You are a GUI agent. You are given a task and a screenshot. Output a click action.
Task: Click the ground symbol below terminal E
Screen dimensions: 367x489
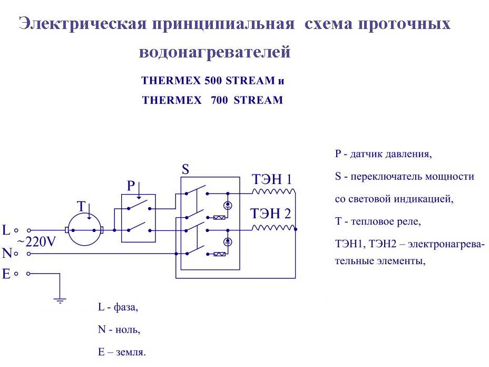point(60,301)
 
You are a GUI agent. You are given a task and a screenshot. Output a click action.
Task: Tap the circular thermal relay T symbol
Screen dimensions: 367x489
point(84,230)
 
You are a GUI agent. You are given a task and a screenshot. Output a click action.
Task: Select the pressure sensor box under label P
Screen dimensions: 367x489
point(138,218)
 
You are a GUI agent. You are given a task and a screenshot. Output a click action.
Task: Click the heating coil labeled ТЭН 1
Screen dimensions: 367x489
point(273,191)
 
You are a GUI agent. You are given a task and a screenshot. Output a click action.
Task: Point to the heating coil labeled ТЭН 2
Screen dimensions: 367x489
point(273,228)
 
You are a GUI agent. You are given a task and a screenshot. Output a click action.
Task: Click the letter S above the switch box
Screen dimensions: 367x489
point(185,169)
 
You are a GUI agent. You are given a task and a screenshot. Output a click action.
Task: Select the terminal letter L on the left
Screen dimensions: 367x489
point(6,230)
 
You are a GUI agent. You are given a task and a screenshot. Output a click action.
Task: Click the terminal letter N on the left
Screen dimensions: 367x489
point(6,254)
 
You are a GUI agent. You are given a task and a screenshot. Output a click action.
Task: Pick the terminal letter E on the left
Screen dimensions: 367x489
point(6,274)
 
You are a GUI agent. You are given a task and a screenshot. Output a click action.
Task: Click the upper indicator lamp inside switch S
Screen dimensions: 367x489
point(228,205)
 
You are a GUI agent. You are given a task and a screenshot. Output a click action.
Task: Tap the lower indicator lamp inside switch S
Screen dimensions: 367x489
point(228,242)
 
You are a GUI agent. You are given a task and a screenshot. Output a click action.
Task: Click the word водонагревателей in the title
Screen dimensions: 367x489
point(215,53)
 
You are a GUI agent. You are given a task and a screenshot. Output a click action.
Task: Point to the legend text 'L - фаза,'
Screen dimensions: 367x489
point(118,307)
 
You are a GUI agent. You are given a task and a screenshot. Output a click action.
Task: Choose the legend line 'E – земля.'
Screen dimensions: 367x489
point(122,352)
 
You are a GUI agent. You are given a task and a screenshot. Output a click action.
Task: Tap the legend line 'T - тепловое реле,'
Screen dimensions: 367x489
point(378,221)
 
